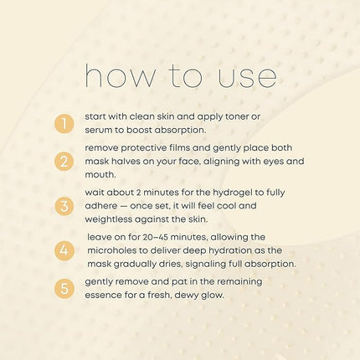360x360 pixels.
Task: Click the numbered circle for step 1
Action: pyautogui.click(x=64, y=123)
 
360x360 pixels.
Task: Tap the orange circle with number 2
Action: pyautogui.click(x=64, y=162)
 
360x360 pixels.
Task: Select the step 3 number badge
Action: pyautogui.click(x=64, y=206)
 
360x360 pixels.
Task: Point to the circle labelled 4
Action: pyautogui.click(x=64, y=250)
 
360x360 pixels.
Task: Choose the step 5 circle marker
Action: pyautogui.click(x=64, y=288)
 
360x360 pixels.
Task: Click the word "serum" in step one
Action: pyautogui.click(x=97, y=131)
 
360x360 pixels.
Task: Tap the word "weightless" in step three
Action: pyautogui.click(x=109, y=219)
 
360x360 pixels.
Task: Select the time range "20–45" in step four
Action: pyautogui.click(x=155, y=237)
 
